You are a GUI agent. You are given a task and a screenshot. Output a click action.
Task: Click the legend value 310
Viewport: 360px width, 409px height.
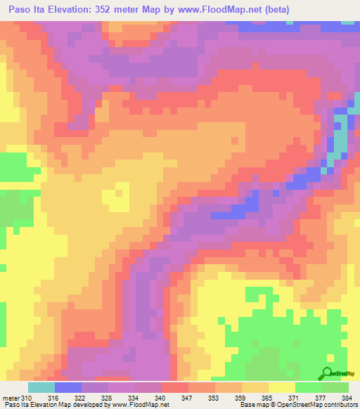[x=27, y=398]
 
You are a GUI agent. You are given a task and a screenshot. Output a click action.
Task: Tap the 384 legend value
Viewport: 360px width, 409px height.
[x=346, y=398]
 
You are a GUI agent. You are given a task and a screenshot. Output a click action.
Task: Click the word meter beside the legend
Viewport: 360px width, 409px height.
[x=10, y=398]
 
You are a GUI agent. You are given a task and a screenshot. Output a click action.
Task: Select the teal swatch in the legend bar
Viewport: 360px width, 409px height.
[x=41, y=387]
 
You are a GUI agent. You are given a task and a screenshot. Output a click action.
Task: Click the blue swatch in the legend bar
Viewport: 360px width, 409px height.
[x=67, y=387]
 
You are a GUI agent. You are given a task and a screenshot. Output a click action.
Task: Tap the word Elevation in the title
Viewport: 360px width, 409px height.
[x=74, y=10]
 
